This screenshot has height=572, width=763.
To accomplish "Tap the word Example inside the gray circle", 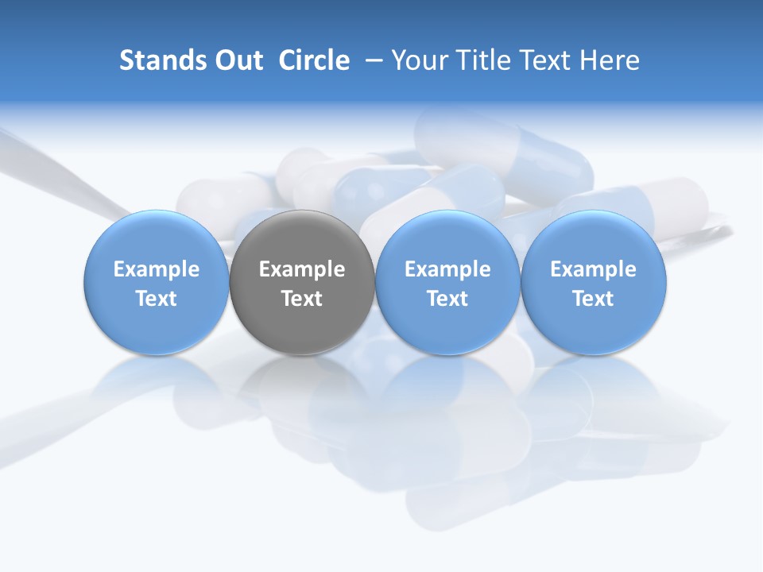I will pos(302,269).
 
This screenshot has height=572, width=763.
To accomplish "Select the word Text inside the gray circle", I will pos(302,299).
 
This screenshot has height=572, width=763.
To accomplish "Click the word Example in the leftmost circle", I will pos(157,269).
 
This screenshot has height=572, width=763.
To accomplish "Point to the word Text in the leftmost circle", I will pos(157,299).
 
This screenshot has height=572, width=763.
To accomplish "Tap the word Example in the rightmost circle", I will pos(594,269).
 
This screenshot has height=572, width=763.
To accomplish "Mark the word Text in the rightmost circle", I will pos(594,299).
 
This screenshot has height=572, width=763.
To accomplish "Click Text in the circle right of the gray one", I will pos(447,299).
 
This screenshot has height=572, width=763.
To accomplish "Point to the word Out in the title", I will pos(238,60).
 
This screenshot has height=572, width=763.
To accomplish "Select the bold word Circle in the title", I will pos(314,60).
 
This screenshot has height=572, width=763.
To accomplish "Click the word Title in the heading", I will pos(478,60).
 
